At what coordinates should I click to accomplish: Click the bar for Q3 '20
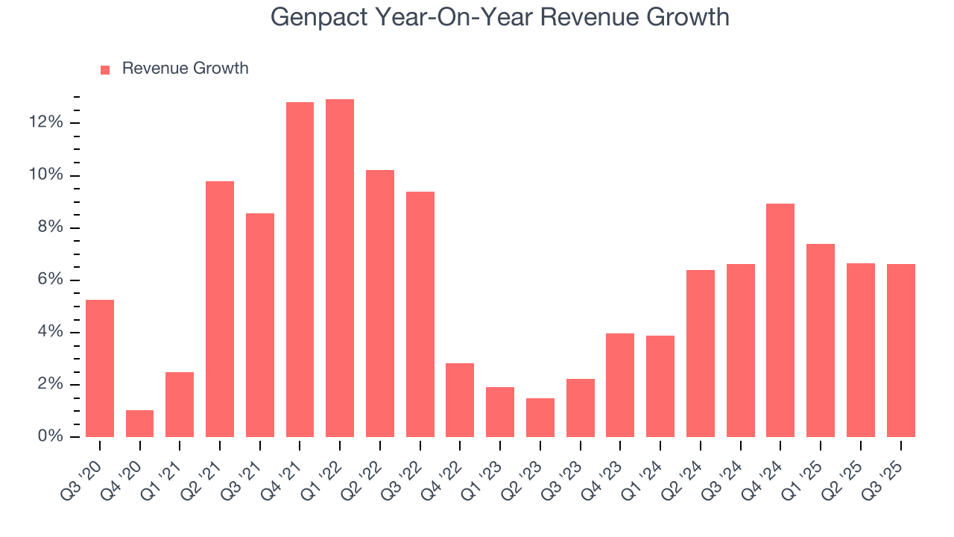pyautogui.click(x=100, y=368)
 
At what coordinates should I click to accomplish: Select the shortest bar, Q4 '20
pyautogui.click(x=139, y=424)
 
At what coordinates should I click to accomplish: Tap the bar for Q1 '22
pyautogui.click(x=340, y=268)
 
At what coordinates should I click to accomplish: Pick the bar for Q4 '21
pyautogui.click(x=300, y=270)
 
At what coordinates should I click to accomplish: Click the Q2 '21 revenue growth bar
pyautogui.click(x=220, y=309)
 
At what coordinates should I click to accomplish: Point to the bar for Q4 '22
pyautogui.click(x=460, y=400)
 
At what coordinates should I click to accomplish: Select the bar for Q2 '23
pyautogui.click(x=540, y=418)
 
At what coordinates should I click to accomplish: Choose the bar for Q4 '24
pyautogui.click(x=780, y=321)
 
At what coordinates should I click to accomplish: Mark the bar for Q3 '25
pyautogui.click(x=900, y=351)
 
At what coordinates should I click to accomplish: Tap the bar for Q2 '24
pyautogui.click(x=700, y=354)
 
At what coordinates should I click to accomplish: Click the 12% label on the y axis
pyautogui.click(x=46, y=123)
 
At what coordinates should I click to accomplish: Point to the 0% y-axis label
pyautogui.click(x=50, y=437)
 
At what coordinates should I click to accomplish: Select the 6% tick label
pyautogui.click(x=50, y=280)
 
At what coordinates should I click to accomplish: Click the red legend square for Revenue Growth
pyautogui.click(x=105, y=69)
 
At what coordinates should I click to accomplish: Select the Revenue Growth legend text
pyautogui.click(x=185, y=69)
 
